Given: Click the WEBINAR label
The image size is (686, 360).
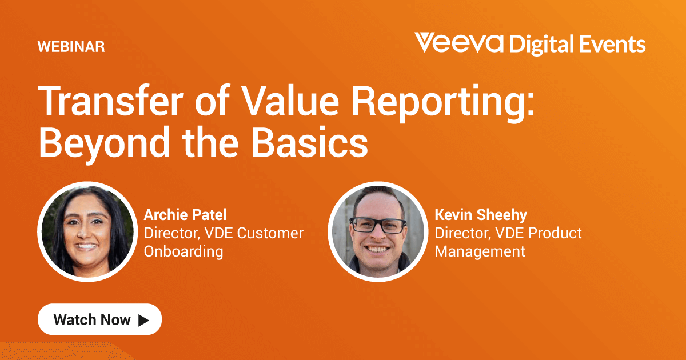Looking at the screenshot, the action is (x=71, y=46).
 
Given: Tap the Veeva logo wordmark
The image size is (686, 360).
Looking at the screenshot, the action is (x=459, y=42).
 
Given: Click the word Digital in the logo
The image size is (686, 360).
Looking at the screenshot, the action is (x=541, y=45).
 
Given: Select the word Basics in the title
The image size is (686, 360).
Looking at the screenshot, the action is (x=309, y=142).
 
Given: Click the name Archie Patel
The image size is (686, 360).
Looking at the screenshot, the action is (x=185, y=215).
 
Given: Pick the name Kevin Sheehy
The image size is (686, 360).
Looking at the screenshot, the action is (x=481, y=215).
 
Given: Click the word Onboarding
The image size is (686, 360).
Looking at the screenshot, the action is (x=184, y=251).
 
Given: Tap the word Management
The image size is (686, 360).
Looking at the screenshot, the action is (x=480, y=251).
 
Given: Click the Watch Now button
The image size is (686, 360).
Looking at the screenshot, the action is (x=100, y=319).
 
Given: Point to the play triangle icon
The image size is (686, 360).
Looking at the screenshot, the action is (x=143, y=320).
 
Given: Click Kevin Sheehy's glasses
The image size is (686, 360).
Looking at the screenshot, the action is (x=378, y=225).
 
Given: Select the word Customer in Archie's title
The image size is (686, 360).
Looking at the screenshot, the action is (x=270, y=233).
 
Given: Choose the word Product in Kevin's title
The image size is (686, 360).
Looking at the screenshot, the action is (x=555, y=233).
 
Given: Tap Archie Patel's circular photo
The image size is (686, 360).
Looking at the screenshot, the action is (x=87, y=232).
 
